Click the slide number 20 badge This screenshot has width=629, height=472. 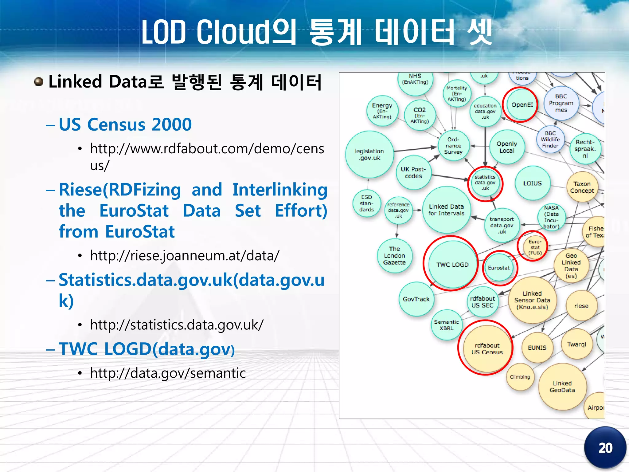(605, 448)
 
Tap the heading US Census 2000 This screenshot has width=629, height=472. (125, 124)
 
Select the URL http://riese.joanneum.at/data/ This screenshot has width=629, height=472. (185, 255)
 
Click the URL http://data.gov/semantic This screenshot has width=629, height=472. (168, 373)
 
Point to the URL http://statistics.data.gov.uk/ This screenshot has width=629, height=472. (177, 325)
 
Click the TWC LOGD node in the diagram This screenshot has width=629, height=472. (452, 265)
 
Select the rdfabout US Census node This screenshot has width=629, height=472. (487, 349)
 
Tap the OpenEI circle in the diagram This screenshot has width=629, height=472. (522, 105)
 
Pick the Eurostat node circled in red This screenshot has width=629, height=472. (498, 268)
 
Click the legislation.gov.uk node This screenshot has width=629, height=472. (369, 155)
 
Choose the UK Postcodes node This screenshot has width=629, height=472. (413, 172)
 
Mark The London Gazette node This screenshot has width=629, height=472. (394, 256)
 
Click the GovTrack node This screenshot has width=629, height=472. (416, 299)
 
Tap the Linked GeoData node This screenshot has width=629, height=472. (562, 387)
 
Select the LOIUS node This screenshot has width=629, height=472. (532, 183)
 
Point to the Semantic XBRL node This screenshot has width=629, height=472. (446, 325)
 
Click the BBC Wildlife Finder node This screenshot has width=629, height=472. (550, 140)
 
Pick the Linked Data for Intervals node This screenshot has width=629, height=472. (446, 210)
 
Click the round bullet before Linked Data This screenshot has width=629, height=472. (38, 82)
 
